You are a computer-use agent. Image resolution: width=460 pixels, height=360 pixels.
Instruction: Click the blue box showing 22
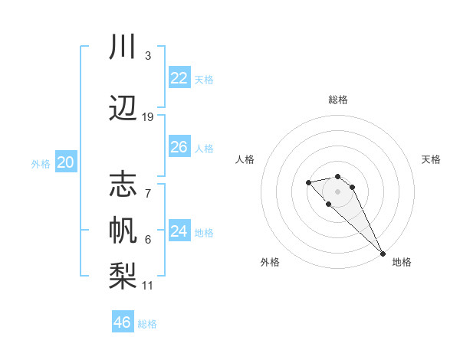coord(179,78)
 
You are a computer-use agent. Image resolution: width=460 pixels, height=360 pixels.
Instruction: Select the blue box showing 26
coord(179,147)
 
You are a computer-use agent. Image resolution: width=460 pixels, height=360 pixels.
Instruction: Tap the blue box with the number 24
coord(179,231)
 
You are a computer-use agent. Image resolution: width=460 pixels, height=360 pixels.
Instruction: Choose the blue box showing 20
coord(66,162)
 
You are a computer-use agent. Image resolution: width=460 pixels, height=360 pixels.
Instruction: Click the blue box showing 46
coord(122,322)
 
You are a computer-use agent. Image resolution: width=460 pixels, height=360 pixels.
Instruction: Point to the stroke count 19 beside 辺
coord(148,117)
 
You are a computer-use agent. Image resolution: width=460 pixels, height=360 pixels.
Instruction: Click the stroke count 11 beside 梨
coord(148,286)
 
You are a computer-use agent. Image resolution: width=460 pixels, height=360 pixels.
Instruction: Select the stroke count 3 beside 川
coord(148,56)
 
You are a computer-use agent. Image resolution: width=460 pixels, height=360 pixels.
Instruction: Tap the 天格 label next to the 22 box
coord(204,80)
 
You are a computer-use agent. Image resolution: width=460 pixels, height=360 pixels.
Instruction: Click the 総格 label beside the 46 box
coord(147,324)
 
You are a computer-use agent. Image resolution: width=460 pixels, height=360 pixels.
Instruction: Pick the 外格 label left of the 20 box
coord(41,164)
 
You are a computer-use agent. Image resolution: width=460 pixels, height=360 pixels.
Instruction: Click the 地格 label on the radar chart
coord(402,262)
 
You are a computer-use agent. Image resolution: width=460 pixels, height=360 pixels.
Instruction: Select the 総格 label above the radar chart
coord(338,100)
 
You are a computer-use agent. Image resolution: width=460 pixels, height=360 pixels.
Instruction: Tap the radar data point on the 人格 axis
coord(308,182)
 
